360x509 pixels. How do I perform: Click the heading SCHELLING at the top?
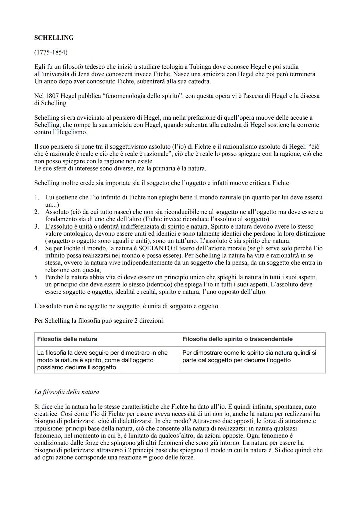coord(54,38)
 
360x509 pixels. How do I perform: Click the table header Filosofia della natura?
coord(67,339)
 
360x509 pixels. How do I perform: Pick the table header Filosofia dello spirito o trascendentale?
coord(237,339)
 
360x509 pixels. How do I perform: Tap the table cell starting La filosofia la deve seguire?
coord(102,360)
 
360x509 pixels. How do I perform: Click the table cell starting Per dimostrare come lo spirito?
coord(249,356)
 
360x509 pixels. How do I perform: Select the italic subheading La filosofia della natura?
coord(67,392)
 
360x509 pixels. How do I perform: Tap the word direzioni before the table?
coord(151,321)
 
